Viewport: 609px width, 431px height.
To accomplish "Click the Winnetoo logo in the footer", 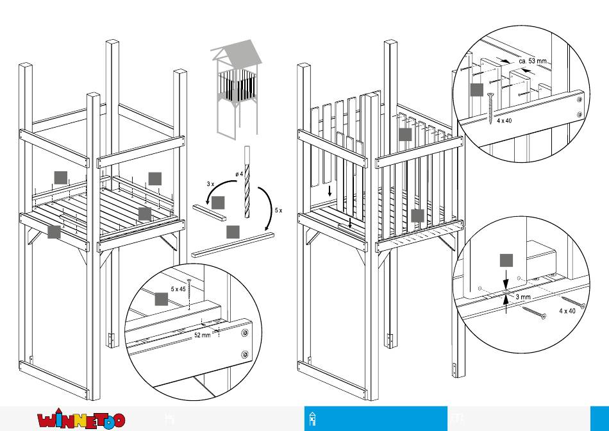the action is tap(81, 420).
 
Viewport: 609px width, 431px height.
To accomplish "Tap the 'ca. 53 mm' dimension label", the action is tap(533, 60).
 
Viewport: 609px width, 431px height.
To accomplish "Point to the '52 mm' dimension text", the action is tap(203, 335).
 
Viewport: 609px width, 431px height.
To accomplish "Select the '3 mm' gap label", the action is tap(523, 298).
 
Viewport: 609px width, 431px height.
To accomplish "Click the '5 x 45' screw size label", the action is tap(178, 289).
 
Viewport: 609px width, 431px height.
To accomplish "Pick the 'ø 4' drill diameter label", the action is tap(238, 174).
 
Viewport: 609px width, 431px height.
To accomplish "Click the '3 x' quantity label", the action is tap(210, 184).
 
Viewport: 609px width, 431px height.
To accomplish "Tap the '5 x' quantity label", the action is tap(278, 210).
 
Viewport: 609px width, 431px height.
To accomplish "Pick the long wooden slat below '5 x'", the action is tap(233, 244).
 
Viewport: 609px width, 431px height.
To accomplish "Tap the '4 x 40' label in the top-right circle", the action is tap(505, 121).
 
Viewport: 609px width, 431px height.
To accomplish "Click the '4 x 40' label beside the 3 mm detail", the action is tap(567, 311).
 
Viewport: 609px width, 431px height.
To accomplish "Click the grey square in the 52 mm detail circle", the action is tap(162, 298).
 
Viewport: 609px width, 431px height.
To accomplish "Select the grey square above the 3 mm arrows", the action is tap(506, 260).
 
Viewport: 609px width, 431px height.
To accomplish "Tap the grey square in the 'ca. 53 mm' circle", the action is tap(476, 90).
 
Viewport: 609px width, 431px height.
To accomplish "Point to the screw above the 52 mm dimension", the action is tap(190, 291).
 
